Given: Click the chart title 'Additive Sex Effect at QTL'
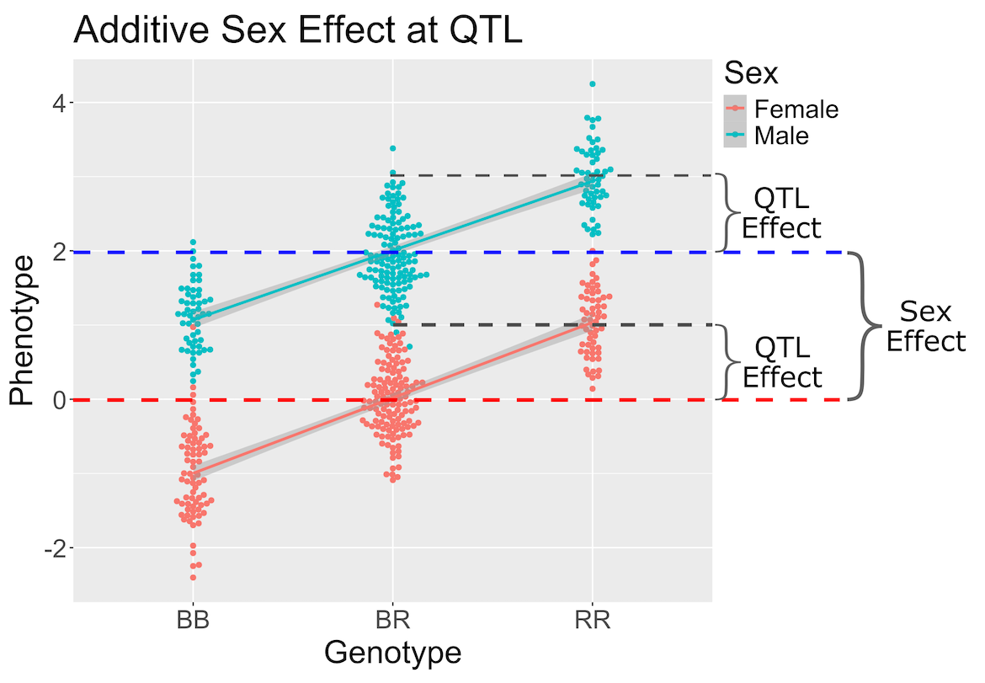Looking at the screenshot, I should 299,31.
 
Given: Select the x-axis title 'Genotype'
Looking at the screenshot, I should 392,653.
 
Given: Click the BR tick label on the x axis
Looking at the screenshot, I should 392,622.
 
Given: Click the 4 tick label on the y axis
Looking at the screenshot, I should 58,103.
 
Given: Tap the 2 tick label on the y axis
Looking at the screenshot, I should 58,252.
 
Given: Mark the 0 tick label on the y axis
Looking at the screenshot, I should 58,400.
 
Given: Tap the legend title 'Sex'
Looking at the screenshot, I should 751,73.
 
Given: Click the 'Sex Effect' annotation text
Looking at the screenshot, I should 924,327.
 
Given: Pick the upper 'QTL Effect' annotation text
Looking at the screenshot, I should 780,213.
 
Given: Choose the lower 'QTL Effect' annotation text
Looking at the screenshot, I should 781,362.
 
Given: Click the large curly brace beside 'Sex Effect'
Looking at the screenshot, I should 862,326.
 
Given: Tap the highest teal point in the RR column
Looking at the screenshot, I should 593,84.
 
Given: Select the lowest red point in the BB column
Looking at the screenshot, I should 193,577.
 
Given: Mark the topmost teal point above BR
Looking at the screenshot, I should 392,148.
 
